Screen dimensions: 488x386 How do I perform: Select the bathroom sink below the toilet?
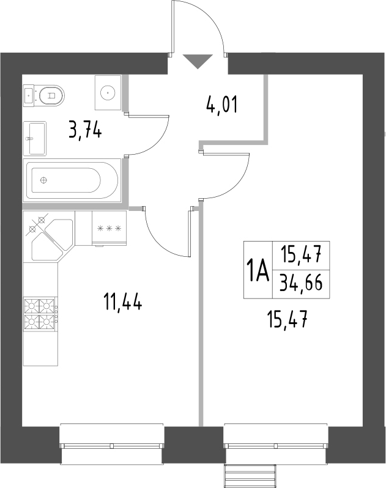(35, 137)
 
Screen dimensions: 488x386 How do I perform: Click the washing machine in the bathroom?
(108, 92)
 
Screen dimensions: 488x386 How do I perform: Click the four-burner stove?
(40, 312)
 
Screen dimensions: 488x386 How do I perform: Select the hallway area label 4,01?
(221, 106)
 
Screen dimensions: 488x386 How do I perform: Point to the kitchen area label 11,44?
(122, 301)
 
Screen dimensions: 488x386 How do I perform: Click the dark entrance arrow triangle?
(198, 62)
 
